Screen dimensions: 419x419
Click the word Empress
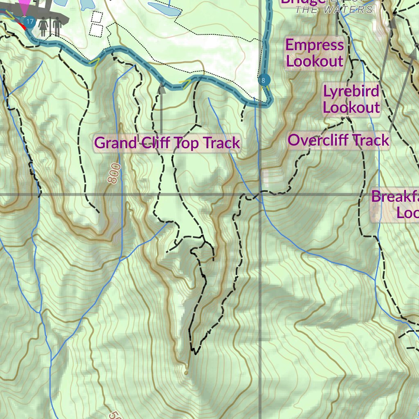coord(314,45)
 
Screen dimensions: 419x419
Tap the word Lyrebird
coord(351,91)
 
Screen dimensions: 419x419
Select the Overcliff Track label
coord(338,140)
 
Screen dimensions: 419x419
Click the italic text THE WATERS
coord(334,10)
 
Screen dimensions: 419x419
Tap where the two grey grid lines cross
coord(261,194)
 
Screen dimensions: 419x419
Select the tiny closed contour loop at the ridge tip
coord(186,372)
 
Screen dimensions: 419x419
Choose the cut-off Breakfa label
coord(394,196)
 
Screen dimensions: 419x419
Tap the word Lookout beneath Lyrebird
coord(351,108)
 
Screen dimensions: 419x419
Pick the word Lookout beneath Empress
coord(314,61)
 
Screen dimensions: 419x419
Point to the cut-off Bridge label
coord(303,2)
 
